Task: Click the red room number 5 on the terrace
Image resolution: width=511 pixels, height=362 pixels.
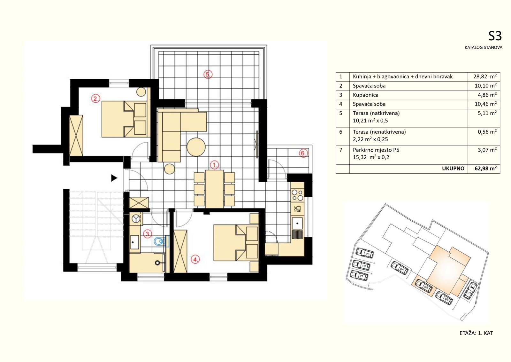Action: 208,74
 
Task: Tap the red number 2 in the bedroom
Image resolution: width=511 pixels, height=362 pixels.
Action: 95,98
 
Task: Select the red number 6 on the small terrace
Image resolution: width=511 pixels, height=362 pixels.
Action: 303,153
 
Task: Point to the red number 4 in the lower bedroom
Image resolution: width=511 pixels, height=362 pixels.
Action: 195,259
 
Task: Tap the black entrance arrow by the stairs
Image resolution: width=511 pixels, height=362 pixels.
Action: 114,178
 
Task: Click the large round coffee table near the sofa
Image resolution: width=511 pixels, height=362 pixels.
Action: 196,147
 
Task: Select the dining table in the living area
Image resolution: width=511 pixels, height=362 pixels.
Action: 214,189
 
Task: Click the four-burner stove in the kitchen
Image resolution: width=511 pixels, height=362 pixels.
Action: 297,195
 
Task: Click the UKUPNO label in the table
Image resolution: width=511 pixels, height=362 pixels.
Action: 453,168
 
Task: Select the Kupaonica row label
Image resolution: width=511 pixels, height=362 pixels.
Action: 365,95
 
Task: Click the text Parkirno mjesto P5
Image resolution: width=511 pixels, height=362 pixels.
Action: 376,150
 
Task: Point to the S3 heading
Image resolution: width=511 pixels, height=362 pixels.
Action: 495,36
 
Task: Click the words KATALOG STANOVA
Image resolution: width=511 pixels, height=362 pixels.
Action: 484,48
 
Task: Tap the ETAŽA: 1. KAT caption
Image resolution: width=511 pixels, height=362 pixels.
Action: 476,333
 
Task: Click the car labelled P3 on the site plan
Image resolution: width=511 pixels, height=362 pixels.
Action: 364,253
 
